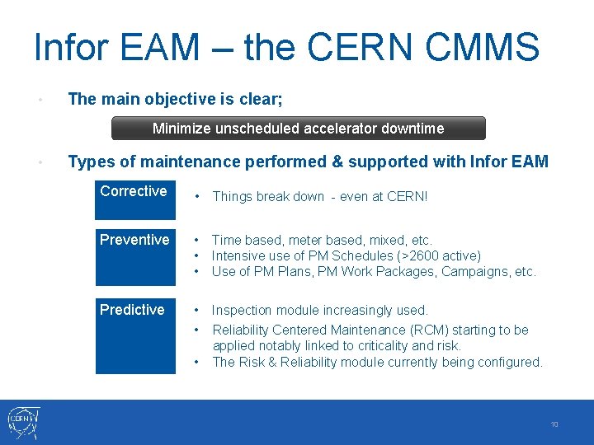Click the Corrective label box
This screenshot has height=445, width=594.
135,199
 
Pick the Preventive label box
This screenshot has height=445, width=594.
135,257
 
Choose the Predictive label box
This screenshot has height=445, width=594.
135,336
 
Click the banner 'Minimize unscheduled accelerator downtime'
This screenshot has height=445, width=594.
298,129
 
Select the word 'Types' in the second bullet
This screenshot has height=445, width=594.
92,162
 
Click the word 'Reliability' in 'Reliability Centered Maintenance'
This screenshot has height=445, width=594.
242,330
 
